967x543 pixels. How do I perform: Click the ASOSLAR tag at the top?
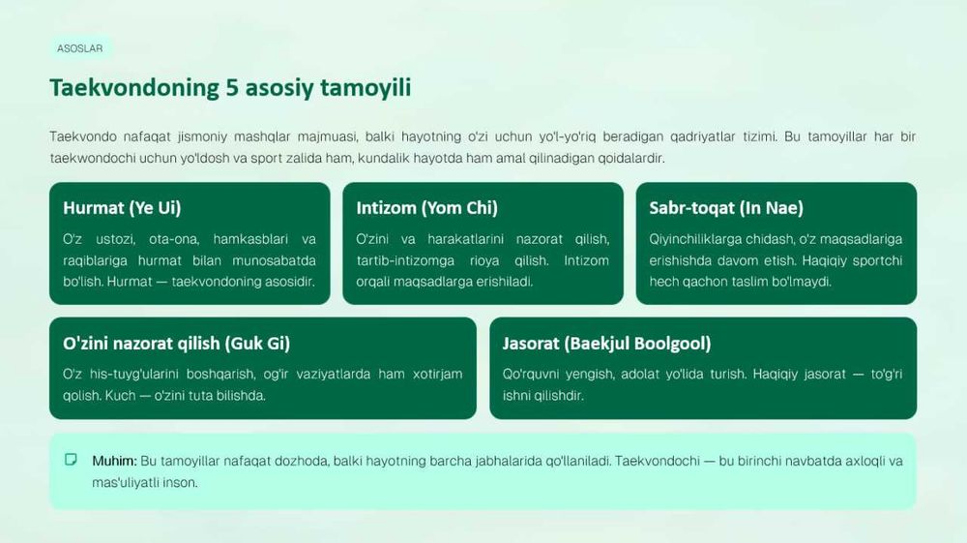point(80,48)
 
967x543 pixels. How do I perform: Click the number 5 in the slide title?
point(232,88)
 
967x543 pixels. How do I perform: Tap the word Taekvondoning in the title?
point(134,88)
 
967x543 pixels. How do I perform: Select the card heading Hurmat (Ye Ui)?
point(122,208)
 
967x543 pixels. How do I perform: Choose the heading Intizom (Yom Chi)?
point(426,208)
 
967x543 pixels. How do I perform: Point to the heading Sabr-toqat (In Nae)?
point(726,208)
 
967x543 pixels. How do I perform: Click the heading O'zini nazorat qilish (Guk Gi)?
point(176,343)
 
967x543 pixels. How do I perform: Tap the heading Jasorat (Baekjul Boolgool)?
point(607,343)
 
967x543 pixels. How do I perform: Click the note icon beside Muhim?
point(71,460)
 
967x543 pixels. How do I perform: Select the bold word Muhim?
point(114,461)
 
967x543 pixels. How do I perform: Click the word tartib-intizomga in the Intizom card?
point(405,260)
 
